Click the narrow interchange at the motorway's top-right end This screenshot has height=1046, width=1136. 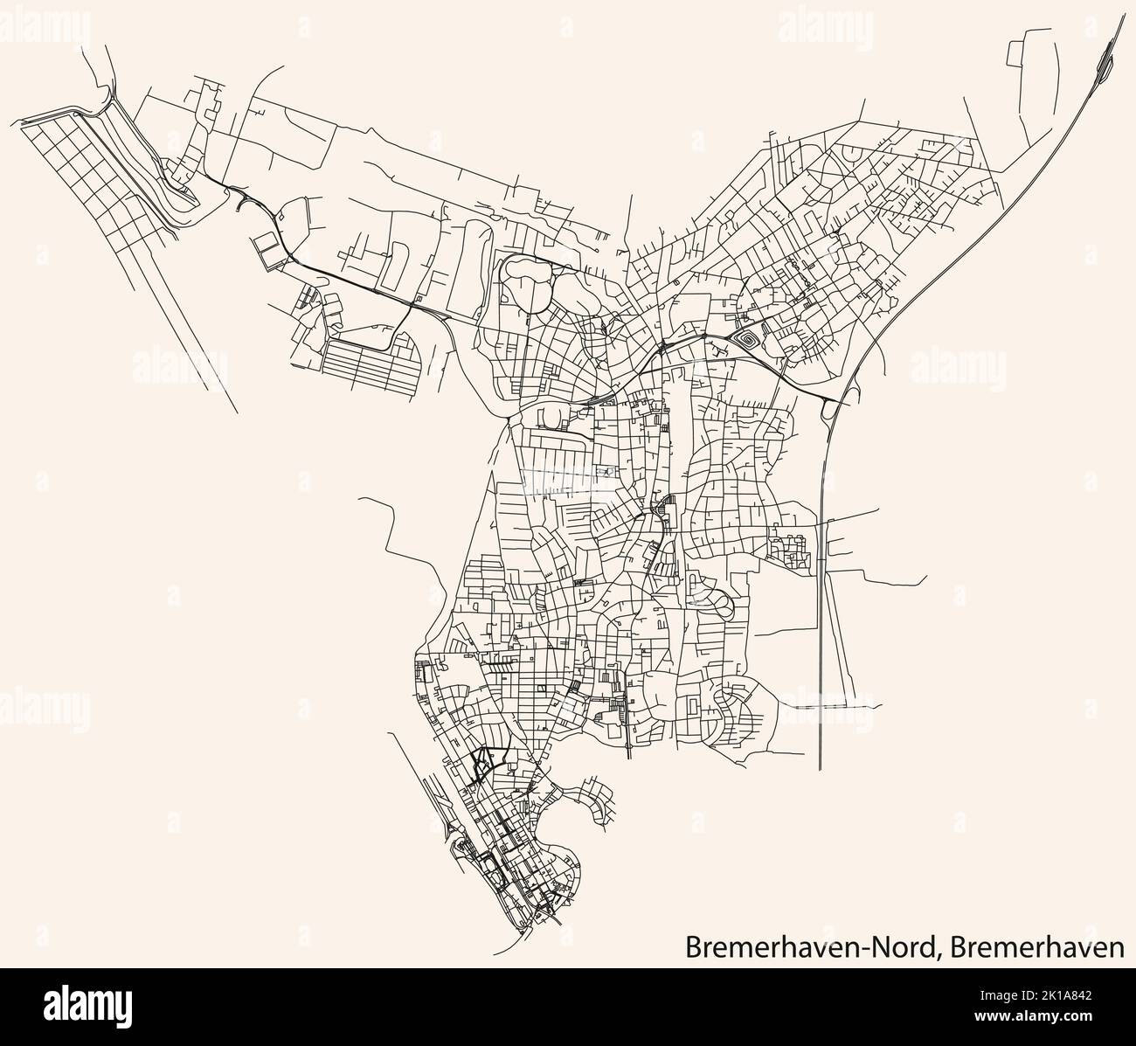tap(1105, 57)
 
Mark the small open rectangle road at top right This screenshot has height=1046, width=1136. tap(1027, 54)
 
